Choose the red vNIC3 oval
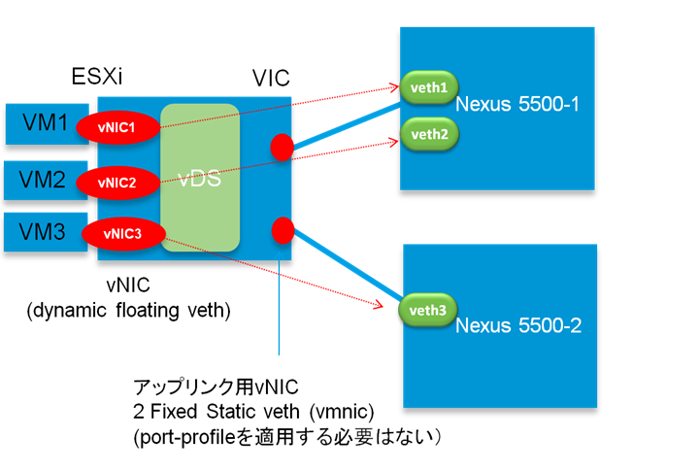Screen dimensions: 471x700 [121, 233]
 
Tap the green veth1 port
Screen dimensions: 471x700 [424, 88]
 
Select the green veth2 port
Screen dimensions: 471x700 [424, 134]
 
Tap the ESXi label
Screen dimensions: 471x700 [97, 77]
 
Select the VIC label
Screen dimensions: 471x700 [271, 78]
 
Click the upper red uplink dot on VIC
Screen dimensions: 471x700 [281, 148]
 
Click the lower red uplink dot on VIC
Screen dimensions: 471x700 [283, 231]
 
